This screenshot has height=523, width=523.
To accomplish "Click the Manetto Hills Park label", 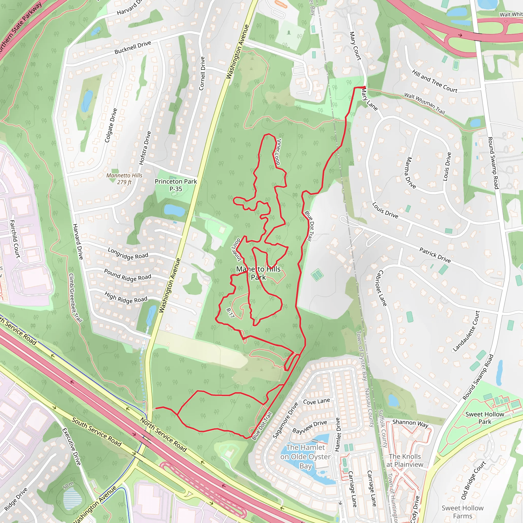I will [258, 273].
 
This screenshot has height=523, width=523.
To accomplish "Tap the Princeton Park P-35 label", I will [176, 185].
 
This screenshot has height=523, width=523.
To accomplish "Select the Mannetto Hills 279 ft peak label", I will [124, 179].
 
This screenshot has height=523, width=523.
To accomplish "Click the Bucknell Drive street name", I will [133, 48].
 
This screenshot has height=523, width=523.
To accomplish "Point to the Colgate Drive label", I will [111, 125].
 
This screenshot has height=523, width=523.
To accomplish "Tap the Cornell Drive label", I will [202, 73].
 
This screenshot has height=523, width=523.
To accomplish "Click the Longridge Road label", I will [128, 254].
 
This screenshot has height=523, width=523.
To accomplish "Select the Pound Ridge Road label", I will [127, 275].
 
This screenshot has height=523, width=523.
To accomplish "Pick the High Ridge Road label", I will [126, 298].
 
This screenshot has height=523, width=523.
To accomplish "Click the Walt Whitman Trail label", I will [424, 103].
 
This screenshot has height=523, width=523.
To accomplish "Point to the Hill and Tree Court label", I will [434, 81].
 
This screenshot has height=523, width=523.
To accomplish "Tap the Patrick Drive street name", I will [435, 255].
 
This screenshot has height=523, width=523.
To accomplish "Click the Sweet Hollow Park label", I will [484, 418].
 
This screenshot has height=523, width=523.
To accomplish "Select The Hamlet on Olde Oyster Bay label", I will [306, 457].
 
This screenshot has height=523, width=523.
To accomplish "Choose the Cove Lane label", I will [316, 401].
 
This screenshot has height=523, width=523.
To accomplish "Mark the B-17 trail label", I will [230, 313].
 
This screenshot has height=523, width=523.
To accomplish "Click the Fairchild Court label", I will [15, 239].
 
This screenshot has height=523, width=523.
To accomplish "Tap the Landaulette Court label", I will [466, 331].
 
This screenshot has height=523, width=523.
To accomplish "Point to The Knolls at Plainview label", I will [405, 460].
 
